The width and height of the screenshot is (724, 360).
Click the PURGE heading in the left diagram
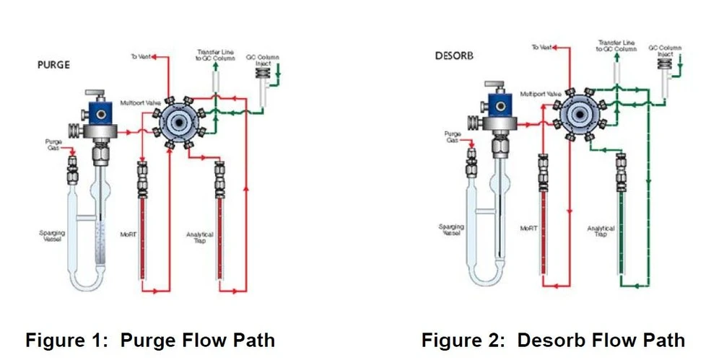[x=53, y=64]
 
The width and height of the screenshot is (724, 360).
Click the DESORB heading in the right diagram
[x=454, y=56]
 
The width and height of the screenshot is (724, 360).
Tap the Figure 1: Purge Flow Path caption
[x=150, y=340]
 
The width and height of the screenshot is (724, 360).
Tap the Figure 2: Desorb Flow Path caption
[x=553, y=339]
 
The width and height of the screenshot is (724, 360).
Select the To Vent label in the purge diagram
[x=140, y=56]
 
